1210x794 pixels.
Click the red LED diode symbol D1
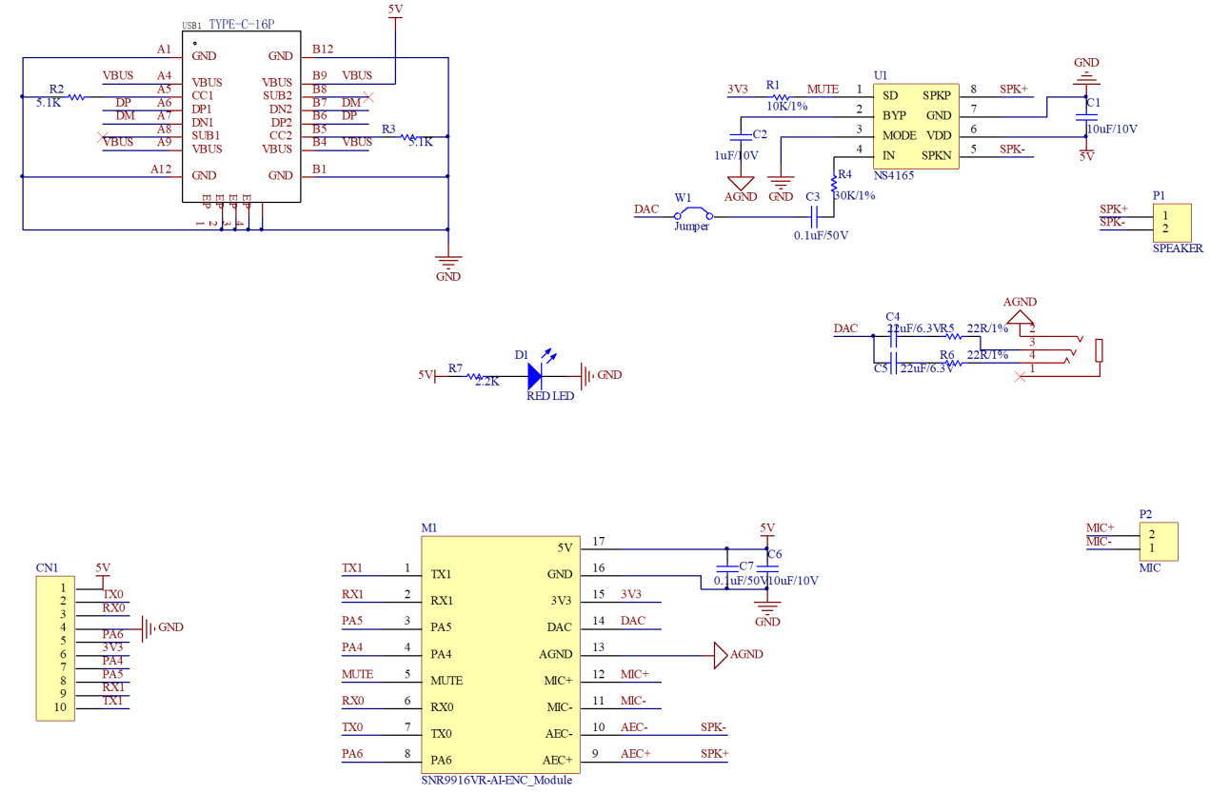click(540, 375)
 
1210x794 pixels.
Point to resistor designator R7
click(455, 367)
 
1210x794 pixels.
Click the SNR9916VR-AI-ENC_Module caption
click(497, 780)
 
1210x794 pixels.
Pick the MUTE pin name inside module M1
click(446, 681)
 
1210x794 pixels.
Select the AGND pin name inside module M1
click(556, 654)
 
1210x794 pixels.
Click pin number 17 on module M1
click(598, 542)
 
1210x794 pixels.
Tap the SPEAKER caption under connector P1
click(1178, 248)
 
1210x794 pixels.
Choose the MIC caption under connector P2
click(1150, 567)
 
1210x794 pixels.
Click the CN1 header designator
click(47, 567)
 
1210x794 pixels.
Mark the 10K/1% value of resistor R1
click(787, 106)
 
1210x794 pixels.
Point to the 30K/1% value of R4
click(854, 195)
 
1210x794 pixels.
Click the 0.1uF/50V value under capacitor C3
click(821, 234)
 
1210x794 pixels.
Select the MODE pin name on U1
click(900, 135)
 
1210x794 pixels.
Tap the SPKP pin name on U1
click(937, 95)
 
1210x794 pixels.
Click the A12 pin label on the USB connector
click(161, 169)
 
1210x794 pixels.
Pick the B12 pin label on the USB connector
click(323, 50)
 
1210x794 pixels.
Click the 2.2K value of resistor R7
click(486, 382)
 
